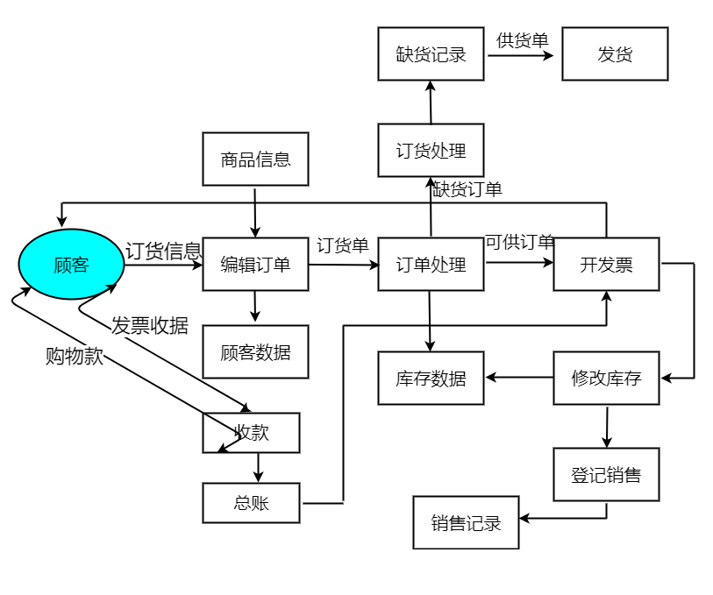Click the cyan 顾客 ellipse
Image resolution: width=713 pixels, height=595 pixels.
tap(71, 264)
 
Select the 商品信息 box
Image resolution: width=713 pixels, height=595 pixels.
tap(255, 159)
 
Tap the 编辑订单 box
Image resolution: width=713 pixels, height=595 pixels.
tap(255, 264)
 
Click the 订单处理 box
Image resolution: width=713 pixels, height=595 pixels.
tap(431, 264)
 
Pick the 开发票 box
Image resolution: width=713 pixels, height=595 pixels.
tap(606, 264)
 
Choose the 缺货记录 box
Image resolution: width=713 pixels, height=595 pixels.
tap(431, 54)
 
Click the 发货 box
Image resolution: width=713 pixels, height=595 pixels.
tap(615, 54)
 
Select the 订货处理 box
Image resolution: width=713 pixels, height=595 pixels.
tap(431, 151)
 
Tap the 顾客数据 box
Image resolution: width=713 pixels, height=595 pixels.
tap(255, 352)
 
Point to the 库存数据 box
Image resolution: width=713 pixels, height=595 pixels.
tap(431, 379)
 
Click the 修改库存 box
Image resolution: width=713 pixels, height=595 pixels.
tap(606, 379)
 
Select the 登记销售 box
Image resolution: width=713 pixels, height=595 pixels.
tap(606, 475)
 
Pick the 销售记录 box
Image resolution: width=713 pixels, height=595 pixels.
tap(466, 523)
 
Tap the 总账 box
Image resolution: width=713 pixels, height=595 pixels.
tap(251, 503)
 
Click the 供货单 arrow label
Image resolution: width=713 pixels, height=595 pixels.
tap(522, 40)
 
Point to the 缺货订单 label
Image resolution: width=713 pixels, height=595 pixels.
tap(467, 189)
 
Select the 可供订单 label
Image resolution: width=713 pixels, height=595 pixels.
tap(519, 242)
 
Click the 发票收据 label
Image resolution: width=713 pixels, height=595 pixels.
tap(149, 326)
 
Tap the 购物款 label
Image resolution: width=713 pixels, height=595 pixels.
tap(75, 356)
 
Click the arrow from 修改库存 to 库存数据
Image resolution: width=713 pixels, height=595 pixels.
tap(519, 378)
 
